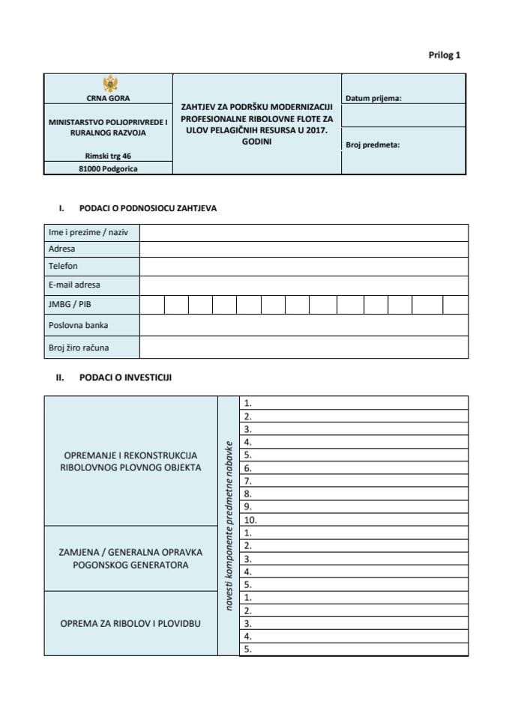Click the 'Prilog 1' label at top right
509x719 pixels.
(x=445, y=55)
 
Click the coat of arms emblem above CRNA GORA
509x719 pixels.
(x=108, y=83)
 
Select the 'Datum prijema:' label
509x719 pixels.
(x=373, y=98)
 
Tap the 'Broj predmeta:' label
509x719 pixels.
(x=373, y=145)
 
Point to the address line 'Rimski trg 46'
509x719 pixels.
(x=108, y=156)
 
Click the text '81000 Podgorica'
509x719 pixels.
(x=108, y=169)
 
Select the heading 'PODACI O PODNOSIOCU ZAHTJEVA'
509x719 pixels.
(x=148, y=208)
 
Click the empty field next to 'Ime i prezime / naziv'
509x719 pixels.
(x=304, y=232)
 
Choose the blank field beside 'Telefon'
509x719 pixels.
(x=304, y=266)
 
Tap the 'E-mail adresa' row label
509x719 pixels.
(x=74, y=285)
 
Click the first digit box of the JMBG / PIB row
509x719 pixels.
(x=152, y=305)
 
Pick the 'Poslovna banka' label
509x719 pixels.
(x=78, y=325)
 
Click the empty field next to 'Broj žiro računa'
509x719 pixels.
(x=304, y=347)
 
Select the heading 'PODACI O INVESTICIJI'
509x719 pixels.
(x=125, y=377)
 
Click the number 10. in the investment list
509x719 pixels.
(x=251, y=520)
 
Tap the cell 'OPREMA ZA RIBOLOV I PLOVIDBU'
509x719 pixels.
(x=130, y=623)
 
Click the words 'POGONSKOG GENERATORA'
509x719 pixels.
(x=130, y=565)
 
